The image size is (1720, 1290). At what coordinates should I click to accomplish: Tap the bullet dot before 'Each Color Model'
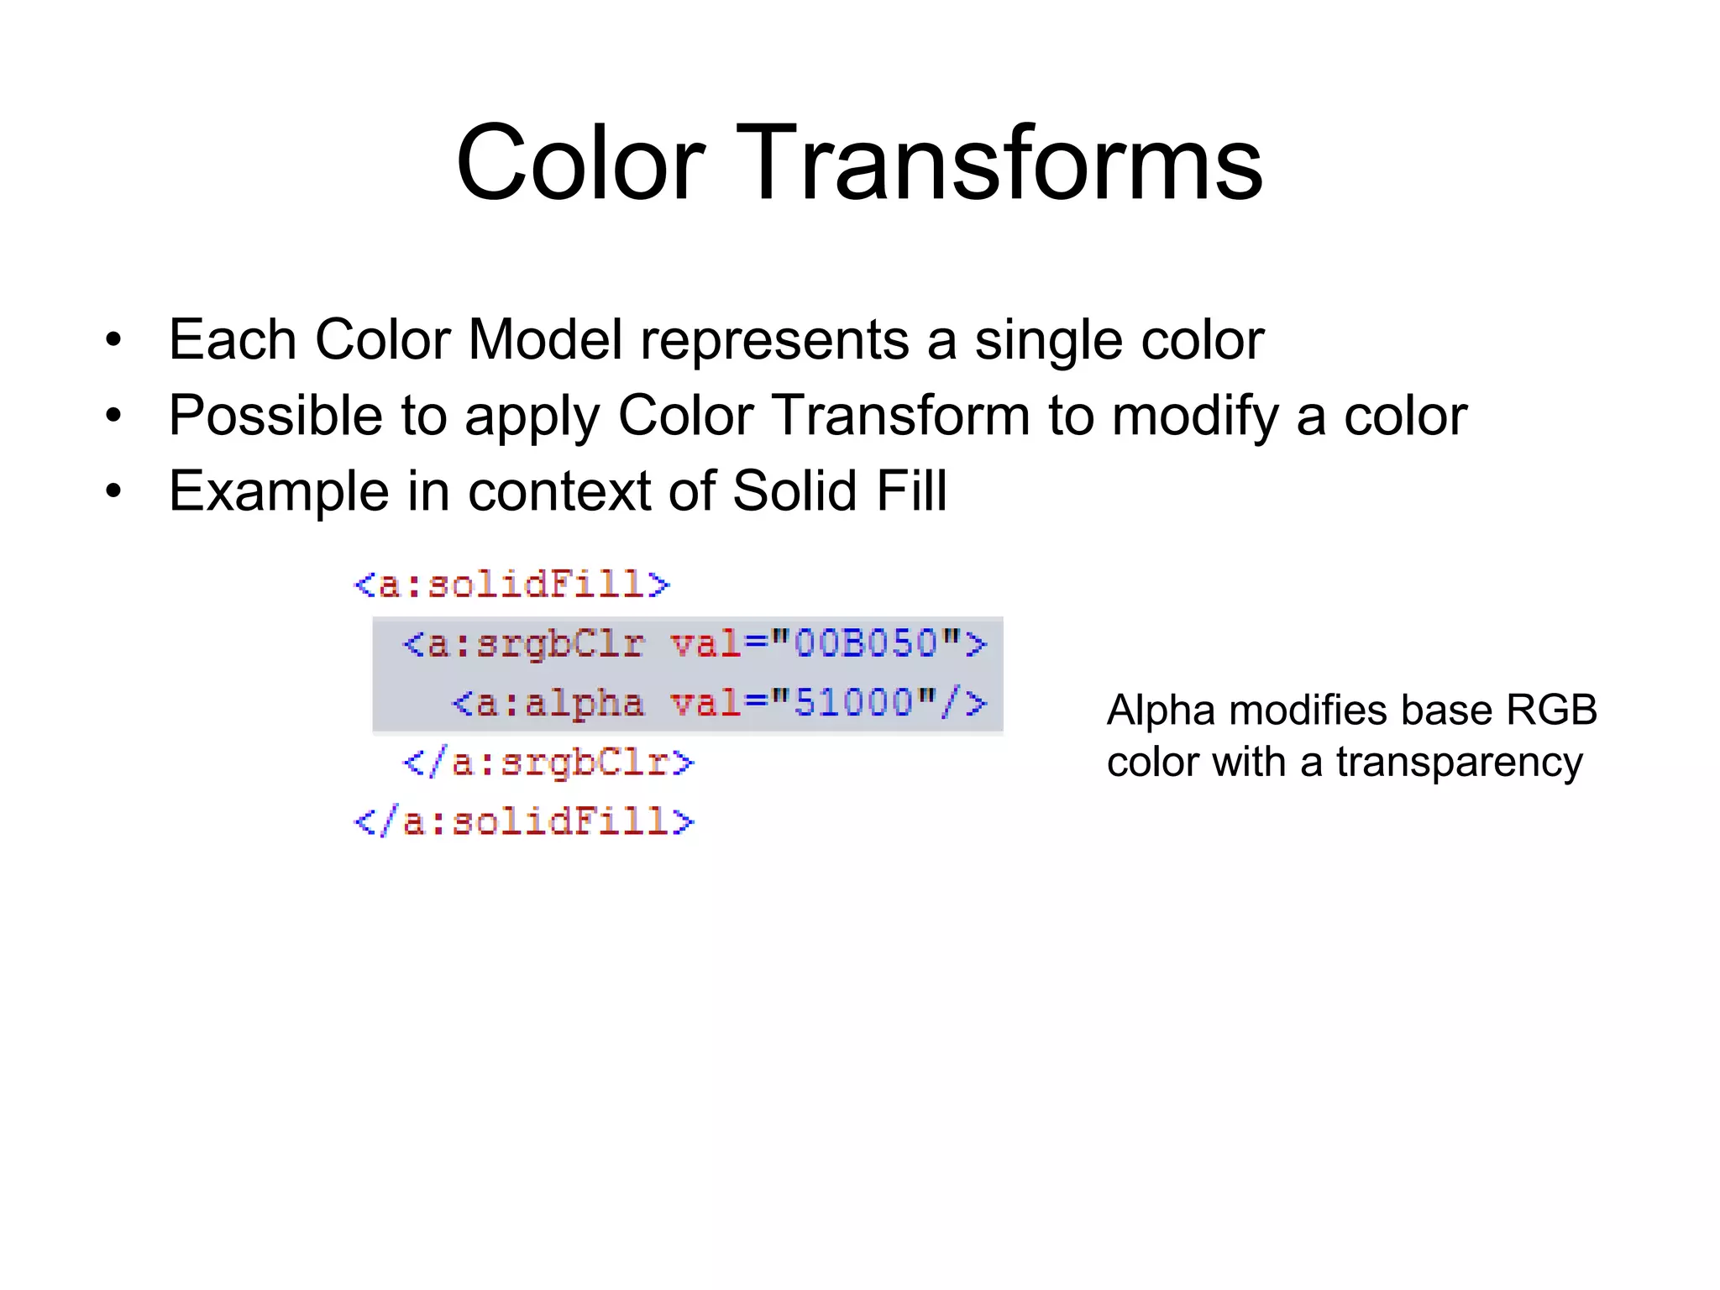click(113, 341)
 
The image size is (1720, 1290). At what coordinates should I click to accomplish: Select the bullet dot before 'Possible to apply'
click(113, 416)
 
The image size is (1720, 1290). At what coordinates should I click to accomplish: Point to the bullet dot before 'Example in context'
click(113, 491)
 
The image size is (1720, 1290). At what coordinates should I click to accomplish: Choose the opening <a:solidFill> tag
click(512, 585)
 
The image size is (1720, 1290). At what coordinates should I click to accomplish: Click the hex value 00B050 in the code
click(865, 644)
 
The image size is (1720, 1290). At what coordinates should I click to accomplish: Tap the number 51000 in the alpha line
click(853, 703)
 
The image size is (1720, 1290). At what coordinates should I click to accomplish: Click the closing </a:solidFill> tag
click(525, 821)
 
